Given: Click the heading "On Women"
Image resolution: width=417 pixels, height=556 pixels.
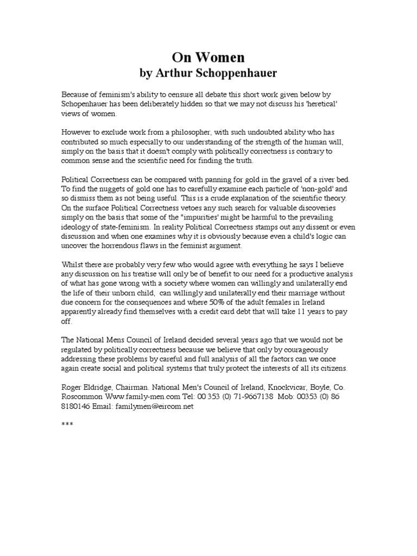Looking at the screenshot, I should tap(208, 58).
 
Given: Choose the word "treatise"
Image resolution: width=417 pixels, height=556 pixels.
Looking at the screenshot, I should tap(153, 274).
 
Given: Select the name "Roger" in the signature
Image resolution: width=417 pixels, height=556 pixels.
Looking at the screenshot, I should tap(72, 388).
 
